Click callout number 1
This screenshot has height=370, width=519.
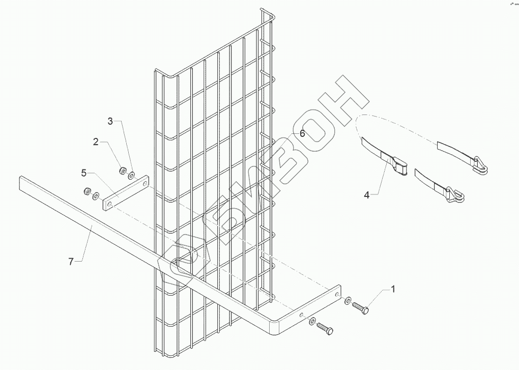click(x=392, y=289)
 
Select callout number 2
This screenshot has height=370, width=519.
click(x=96, y=142)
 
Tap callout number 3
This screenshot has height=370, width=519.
click(x=110, y=121)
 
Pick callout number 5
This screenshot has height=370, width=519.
click(x=83, y=173)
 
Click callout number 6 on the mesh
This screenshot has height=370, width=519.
click(x=302, y=133)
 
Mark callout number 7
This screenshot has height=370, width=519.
click(x=71, y=261)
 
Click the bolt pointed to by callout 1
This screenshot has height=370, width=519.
click(x=362, y=307)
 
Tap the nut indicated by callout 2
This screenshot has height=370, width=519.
click(x=122, y=170)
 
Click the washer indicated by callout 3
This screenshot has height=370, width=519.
click(x=131, y=176)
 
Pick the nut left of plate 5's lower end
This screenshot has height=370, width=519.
click(x=87, y=191)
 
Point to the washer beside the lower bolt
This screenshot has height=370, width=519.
click(x=312, y=322)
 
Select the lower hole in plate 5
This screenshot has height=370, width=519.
click(x=108, y=204)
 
